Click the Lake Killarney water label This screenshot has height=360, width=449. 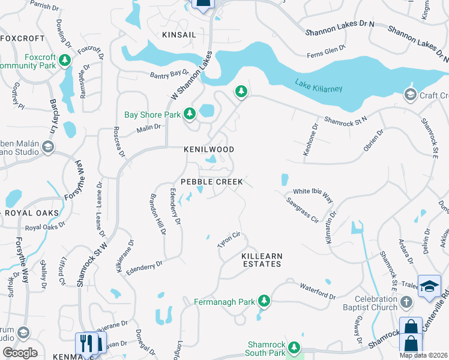318,85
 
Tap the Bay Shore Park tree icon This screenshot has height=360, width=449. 190,113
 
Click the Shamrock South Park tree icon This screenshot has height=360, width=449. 294,347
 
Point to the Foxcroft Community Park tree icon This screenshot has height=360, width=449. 65,61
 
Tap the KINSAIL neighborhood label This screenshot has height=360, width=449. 179,35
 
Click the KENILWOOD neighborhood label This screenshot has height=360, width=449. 209,149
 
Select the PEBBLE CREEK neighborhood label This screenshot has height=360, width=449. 212,181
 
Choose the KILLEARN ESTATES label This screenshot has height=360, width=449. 261,260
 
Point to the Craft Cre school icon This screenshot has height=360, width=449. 410,94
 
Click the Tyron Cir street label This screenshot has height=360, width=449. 229,241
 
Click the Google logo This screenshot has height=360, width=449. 20,352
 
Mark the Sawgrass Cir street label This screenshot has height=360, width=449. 301,210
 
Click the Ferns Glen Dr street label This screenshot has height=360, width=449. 326,49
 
